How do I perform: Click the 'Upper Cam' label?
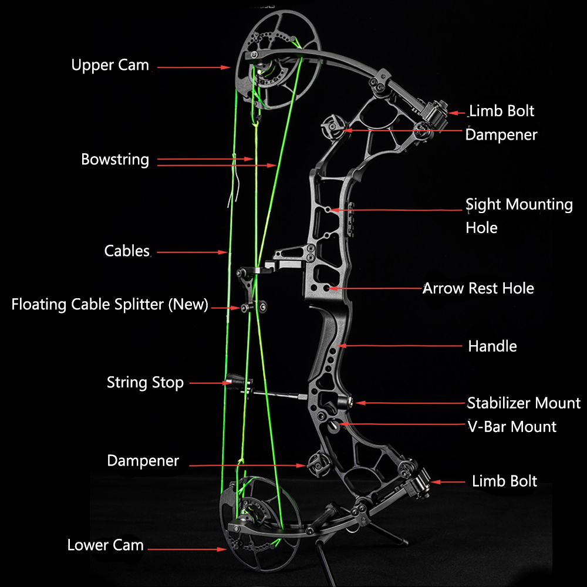[x=110, y=65]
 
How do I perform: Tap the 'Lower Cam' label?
[x=105, y=545]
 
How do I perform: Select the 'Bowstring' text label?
[x=115, y=159]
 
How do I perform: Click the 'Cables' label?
[x=127, y=251]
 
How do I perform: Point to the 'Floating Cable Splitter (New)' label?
[x=110, y=305]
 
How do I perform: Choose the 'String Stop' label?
[x=145, y=383]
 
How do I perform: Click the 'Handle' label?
[x=492, y=346]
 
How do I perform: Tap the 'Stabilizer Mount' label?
[x=524, y=403]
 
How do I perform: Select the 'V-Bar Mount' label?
[x=511, y=426]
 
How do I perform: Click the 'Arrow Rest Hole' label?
[x=478, y=288]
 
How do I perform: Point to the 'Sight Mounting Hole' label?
[x=518, y=215]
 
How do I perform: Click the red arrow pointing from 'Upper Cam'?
[x=194, y=68]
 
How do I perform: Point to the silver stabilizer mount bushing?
[x=348, y=402]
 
